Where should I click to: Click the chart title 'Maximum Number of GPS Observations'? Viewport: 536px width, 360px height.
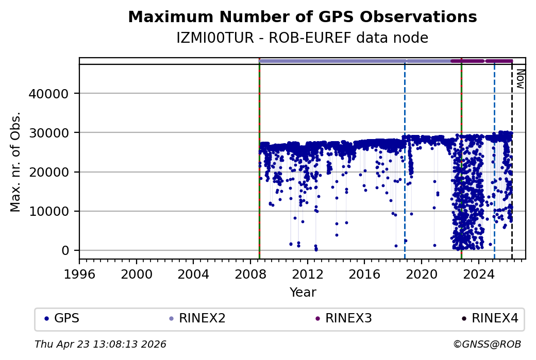point(302,17)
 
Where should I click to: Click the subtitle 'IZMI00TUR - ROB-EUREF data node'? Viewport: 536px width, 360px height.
point(302,38)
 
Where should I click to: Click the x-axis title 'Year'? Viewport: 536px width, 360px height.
point(303,293)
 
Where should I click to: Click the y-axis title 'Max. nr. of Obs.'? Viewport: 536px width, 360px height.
point(15,161)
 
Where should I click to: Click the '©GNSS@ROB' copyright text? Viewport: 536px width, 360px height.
point(487,344)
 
